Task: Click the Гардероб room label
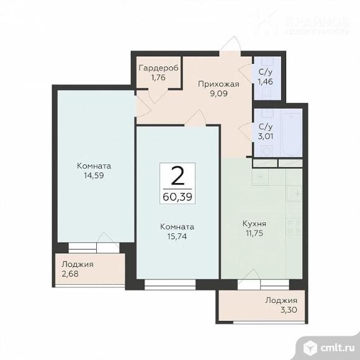[x=158, y=68]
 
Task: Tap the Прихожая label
[x=218, y=84]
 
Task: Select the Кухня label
[x=254, y=223]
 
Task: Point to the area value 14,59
[x=94, y=176]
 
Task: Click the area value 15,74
[x=177, y=236]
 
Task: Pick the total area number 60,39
[x=178, y=197]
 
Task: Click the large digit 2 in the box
[x=178, y=176]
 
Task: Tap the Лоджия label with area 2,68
[x=78, y=264]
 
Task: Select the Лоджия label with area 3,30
[x=281, y=300]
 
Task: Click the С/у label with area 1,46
[x=266, y=72]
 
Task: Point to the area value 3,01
[x=266, y=137]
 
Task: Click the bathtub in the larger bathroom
[x=292, y=133]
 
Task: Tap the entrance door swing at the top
[x=230, y=43]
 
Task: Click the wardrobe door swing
[x=157, y=96]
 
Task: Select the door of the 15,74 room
[x=195, y=117]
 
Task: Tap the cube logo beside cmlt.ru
[x=310, y=348]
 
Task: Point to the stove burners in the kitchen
[x=294, y=226]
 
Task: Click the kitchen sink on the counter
[x=260, y=177]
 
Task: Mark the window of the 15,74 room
[x=170, y=284]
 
